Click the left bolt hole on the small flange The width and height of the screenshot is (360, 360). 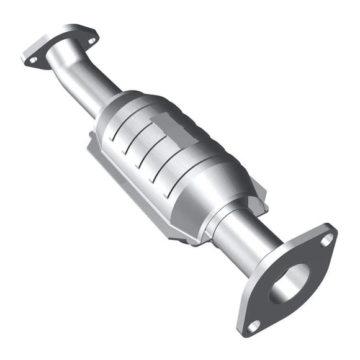pos(32,60)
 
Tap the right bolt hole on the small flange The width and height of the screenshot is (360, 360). pos(91,41)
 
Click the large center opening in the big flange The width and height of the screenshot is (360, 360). pos(289,283)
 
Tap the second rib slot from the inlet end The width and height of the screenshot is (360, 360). pos(130,140)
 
